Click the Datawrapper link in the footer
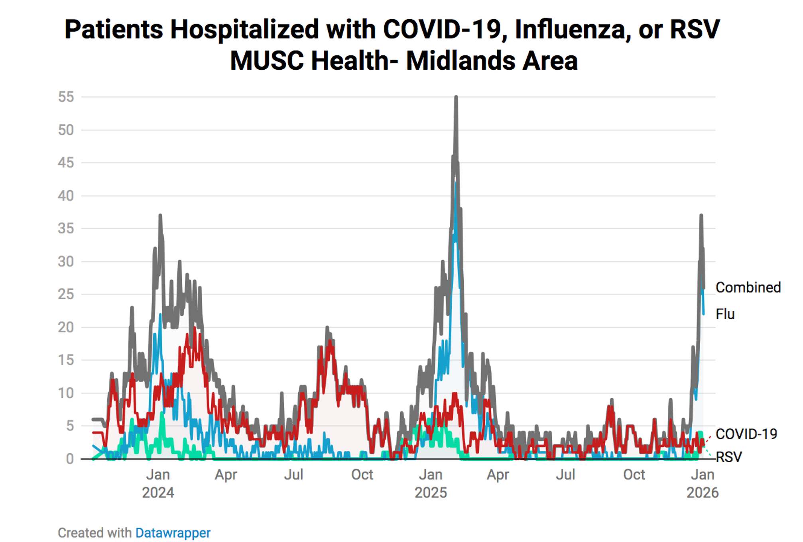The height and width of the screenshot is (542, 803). pos(173,533)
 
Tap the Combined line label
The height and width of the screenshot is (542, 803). pos(748,287)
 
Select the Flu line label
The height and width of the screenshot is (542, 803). pos(724,314)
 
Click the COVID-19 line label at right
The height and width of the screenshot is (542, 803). pos(746,434)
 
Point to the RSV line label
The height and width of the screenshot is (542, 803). pos(728,457)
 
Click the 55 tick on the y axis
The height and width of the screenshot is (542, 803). pos(66,97)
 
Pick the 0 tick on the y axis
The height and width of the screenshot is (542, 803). pos(70,459)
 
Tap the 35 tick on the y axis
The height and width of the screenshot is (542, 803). pos(66,228)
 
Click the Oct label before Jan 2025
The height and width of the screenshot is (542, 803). pos(362,475)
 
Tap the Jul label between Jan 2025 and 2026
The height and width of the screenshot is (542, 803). pos(565,475)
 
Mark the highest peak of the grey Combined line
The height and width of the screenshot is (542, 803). pos(456,97)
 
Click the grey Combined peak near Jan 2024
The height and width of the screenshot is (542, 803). pos(160,216)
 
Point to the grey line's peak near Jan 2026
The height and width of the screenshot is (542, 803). pos(701,216)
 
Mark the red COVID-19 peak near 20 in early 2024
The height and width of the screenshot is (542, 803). pos(195,328)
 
